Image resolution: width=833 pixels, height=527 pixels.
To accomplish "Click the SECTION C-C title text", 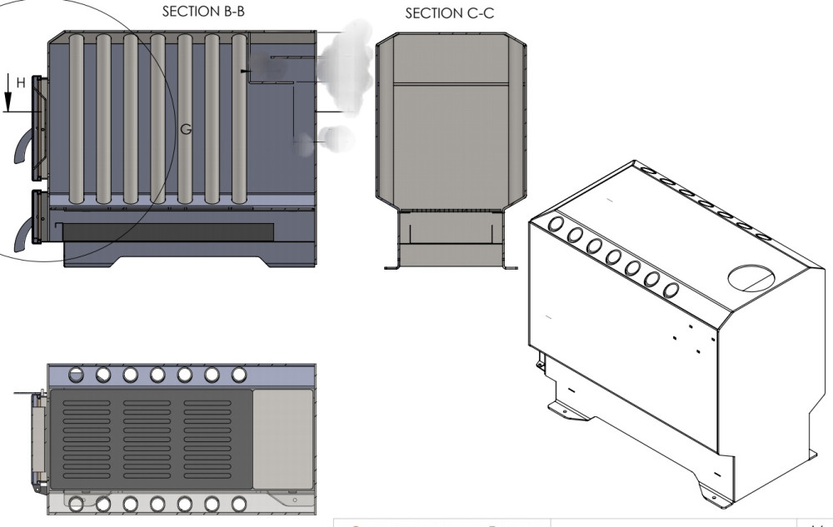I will (446, 14).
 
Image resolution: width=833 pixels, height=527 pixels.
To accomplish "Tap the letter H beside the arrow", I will (22, 82).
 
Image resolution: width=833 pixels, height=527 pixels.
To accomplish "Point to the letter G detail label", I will (186, 129).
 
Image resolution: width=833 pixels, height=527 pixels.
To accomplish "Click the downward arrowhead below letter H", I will (8, 104).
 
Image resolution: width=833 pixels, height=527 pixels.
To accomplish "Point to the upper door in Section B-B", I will (39, 129).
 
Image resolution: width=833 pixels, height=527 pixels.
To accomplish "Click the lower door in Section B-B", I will (37, 218).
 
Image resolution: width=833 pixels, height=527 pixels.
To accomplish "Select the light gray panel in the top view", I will (282, 438).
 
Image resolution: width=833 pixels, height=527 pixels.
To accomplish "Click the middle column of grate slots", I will (153, 439).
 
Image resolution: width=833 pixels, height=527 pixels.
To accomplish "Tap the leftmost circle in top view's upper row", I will (76, 375).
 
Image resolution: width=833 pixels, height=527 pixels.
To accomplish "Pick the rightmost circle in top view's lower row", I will (239, 504).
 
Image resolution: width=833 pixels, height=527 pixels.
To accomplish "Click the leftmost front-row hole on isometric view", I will (556, 225).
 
